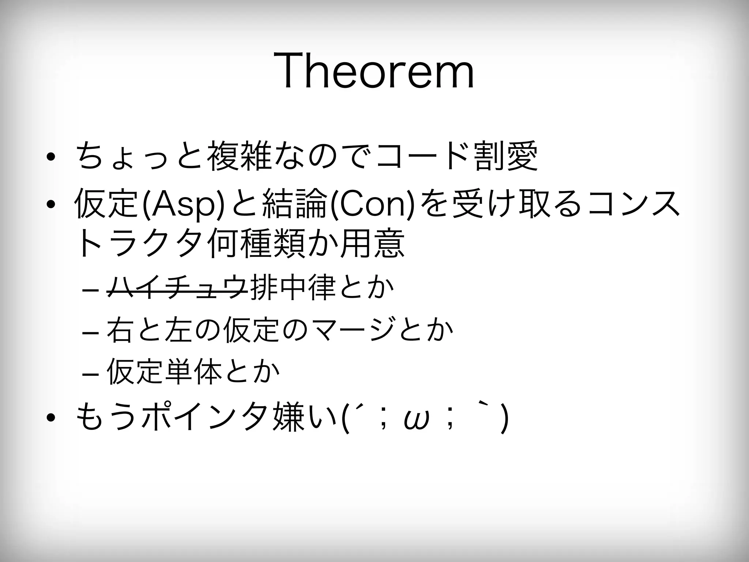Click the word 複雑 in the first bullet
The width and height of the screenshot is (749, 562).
238,156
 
